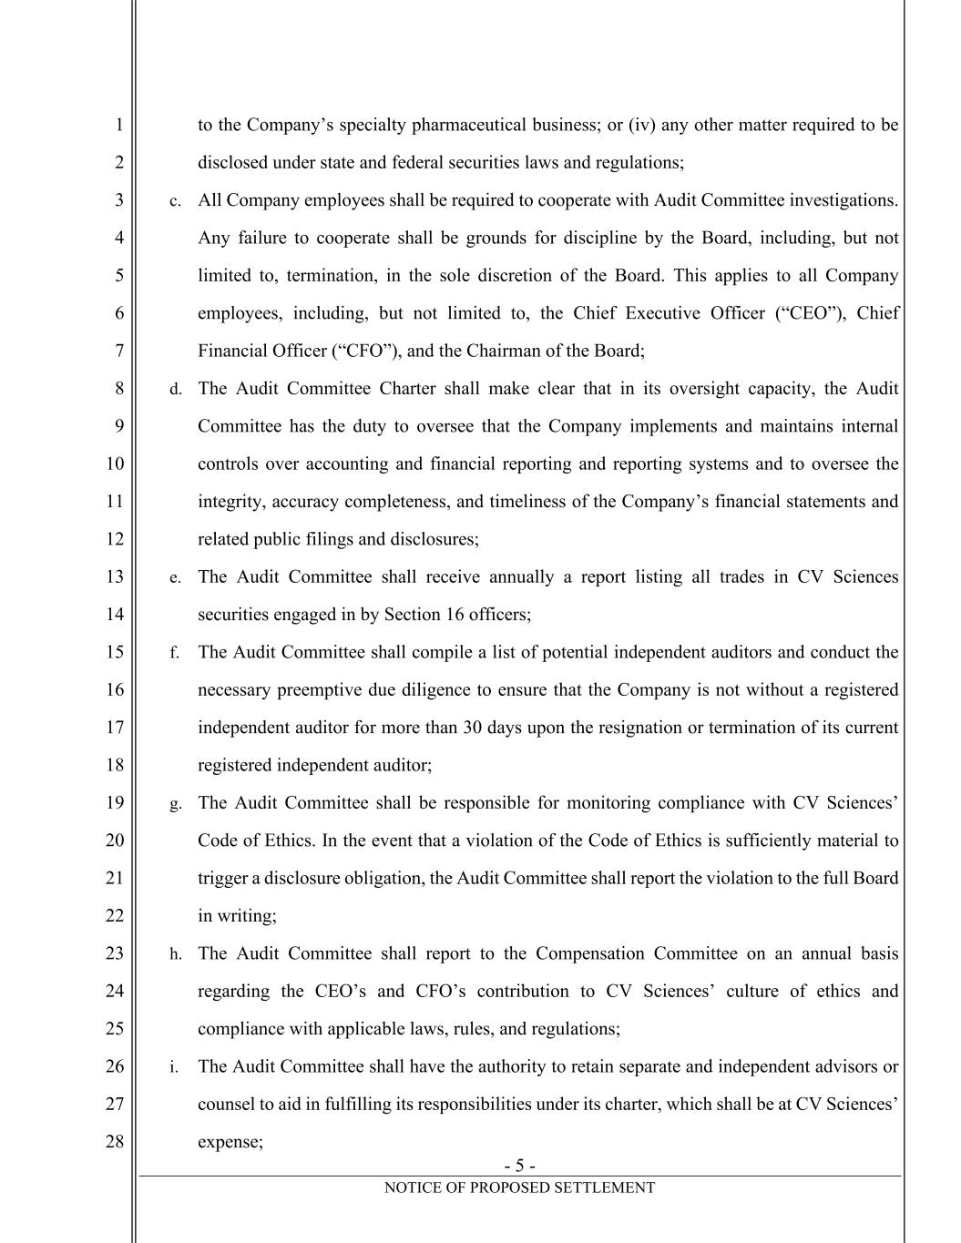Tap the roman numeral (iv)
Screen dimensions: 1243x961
642,125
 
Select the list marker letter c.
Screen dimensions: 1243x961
175,201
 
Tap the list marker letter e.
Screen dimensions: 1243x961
175,578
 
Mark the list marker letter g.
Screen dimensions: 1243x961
175,804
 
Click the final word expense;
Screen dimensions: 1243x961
230,1141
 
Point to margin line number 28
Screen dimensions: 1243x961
114,1141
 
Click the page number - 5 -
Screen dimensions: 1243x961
519,1166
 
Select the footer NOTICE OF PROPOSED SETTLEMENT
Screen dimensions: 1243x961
519,1187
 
